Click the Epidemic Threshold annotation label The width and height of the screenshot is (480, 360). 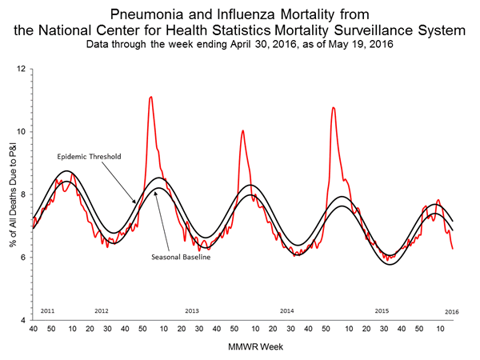coord(88,157)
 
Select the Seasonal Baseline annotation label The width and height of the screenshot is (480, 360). coord(178,257)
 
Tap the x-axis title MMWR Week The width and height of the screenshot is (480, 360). coord(245,347)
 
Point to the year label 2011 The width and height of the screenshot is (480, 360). coord(47,310)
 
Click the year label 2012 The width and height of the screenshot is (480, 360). coord(102,310)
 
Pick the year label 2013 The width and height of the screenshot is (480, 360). coord(192,310)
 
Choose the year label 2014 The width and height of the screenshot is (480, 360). coord(287,310)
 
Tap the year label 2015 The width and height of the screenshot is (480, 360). coord(382,310)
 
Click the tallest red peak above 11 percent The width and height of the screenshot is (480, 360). coord(151,98)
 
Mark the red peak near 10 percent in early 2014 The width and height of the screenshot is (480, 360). coord(242,130)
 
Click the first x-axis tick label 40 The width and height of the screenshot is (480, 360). coord(34,329)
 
